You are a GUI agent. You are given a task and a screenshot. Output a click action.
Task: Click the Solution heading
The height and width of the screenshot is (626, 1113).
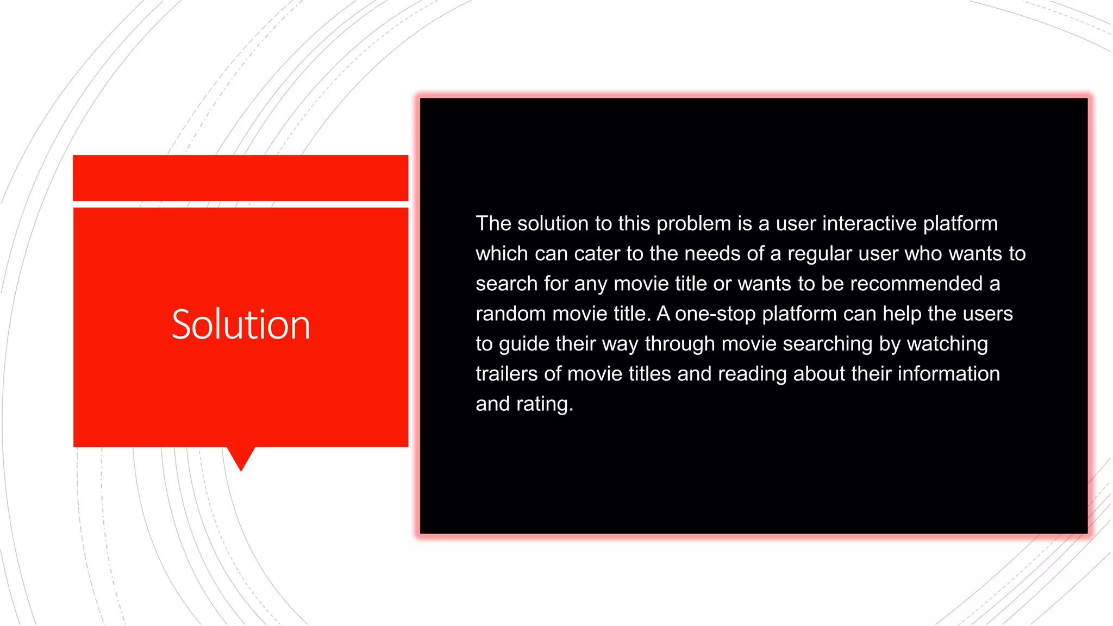click(x=241, y=324)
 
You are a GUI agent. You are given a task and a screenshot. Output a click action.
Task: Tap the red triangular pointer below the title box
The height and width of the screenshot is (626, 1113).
click(x=241, y=458)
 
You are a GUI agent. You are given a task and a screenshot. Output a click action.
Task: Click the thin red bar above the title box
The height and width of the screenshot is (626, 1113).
click(x=240, y=178)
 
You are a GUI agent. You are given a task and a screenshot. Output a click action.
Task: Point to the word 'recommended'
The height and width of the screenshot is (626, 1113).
click(x=916, y=284)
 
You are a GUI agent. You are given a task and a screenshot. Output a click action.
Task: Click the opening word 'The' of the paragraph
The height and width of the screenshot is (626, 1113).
click(x=493, y=223)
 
